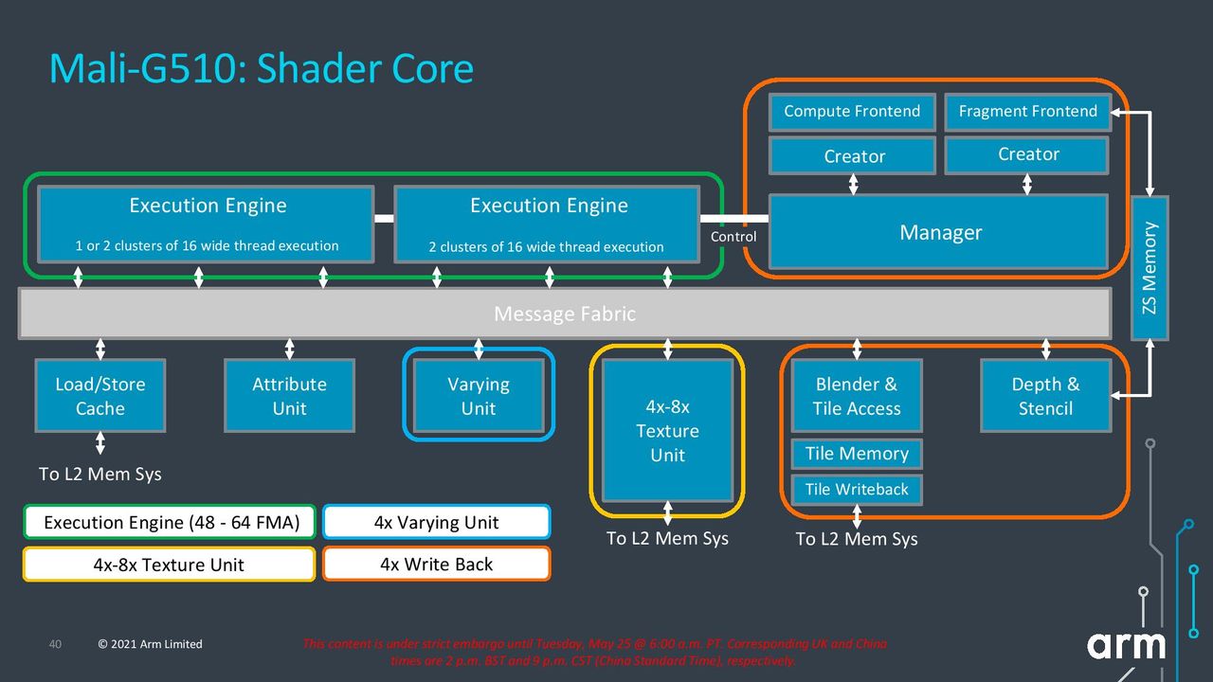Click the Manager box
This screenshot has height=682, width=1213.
tap(938, 232)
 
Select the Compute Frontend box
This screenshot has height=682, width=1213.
tap(852, 112)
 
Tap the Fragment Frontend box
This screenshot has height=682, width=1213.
tap(1028, 112)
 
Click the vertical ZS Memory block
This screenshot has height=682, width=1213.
tap(1150, 268)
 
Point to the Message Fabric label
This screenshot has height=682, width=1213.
tap(565, 314)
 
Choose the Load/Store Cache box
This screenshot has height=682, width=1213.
tap(100, 396)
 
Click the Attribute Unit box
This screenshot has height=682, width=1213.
tap(290, 396)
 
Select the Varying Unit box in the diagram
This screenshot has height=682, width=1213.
tap(479, 396)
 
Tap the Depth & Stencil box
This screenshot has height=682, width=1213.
tap(1045, 396)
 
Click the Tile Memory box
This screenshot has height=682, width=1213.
tap(857, 454)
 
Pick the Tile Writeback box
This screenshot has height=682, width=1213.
tap(857, 490)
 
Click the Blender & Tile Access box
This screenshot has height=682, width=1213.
tap(857, 396)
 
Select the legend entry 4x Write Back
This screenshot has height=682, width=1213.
tap(437, 564)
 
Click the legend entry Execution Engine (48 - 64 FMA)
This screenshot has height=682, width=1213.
tap(170, 522)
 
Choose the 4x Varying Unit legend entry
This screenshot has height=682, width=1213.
tap(437, 522)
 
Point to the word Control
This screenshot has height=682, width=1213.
tap(733, 237)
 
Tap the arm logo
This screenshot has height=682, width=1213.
tap(1127, 645)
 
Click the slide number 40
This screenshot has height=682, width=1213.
tap(55, 644)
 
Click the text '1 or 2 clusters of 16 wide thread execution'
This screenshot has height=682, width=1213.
tap(207, 245)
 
